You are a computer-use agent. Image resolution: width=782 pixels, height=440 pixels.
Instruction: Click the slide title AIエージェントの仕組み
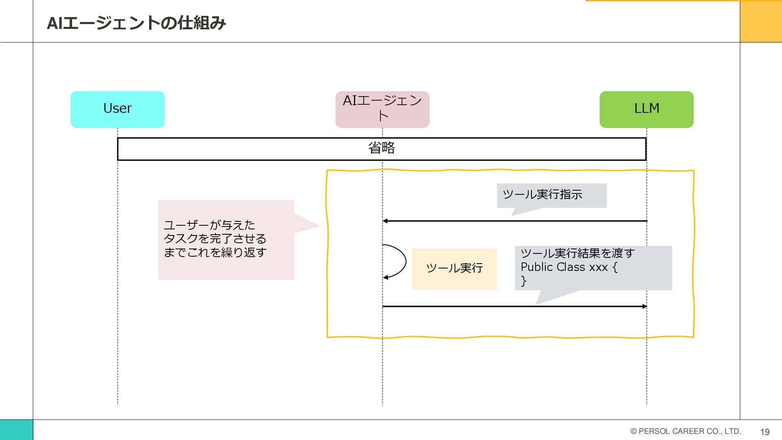click(136, 23)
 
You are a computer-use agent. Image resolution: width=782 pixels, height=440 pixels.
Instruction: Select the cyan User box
click(117, 109)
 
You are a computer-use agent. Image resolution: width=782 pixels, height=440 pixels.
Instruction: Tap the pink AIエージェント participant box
click(382, 109)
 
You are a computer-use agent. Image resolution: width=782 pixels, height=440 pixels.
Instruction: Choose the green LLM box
click(646, 109)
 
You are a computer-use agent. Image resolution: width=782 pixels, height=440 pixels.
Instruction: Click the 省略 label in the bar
click(382, 148)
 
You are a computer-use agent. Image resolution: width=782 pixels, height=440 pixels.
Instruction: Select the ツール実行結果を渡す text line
click(577, 253)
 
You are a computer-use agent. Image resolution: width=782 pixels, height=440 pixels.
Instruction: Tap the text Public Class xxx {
click(569, 267)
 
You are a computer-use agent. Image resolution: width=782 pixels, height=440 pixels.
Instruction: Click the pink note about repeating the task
click(226, 240)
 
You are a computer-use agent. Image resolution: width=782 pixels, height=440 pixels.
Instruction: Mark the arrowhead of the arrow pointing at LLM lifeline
click(644, 306)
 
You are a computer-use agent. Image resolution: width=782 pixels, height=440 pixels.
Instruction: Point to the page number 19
click(764, 432)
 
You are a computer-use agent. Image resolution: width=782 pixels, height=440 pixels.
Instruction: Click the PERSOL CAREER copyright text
click(685, 431)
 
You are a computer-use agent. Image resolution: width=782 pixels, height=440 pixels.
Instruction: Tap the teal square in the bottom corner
click(16, 430)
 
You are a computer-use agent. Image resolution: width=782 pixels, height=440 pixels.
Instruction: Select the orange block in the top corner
click(760, 21)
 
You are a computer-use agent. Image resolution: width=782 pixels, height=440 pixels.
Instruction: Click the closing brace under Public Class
click(524, 281)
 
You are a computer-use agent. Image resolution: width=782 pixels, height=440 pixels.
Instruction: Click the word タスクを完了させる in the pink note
click(215, 239)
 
